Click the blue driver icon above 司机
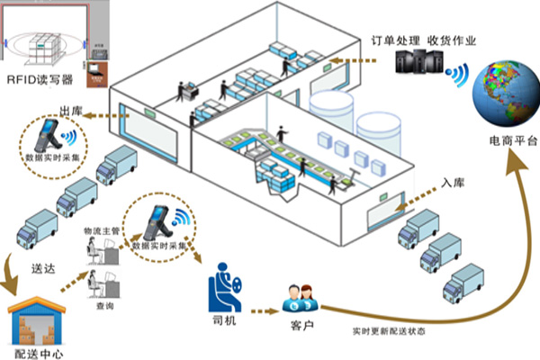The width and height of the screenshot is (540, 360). (224, 283)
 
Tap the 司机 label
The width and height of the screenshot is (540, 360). (222, 321)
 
